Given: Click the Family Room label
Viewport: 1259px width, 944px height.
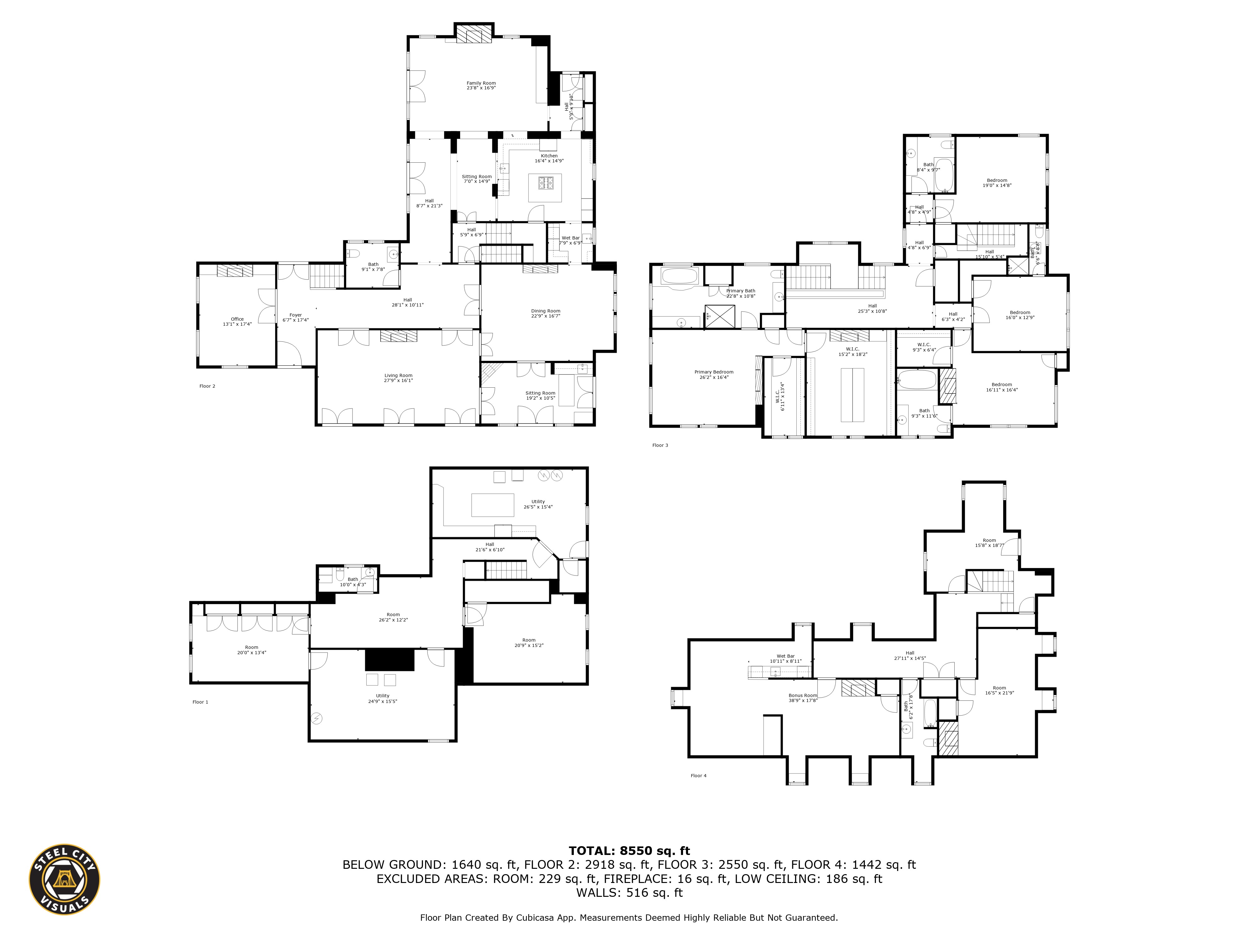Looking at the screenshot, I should [x=481, y=83].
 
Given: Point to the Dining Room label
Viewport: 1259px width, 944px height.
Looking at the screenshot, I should [x=545, y=311].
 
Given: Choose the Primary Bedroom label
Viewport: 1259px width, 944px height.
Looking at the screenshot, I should [x=714, y=372].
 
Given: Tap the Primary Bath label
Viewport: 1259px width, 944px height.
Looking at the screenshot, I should [x=741, y=291].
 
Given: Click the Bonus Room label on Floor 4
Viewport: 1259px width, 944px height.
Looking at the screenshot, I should [x=803, y=695].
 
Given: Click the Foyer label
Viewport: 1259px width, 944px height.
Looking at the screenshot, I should [x=296, y=315].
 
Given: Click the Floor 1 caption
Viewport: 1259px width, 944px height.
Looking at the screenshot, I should [x=200, y=702].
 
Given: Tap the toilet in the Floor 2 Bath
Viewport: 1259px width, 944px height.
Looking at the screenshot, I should [x=353, y=253].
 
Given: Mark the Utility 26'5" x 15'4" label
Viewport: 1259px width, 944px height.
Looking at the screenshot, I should [x=538, y=502].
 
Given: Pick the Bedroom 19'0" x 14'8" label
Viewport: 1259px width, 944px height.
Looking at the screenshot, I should [x=996, y=180].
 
